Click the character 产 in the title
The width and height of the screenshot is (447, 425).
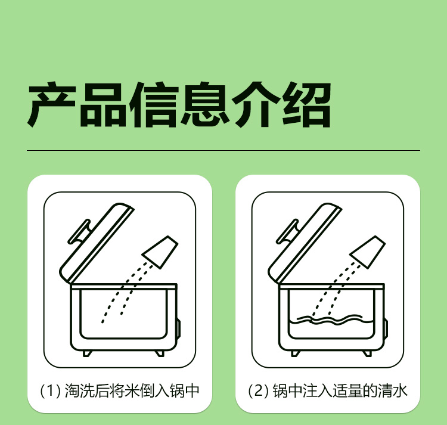click(51, 104)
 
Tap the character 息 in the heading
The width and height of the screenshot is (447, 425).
click(204, 104)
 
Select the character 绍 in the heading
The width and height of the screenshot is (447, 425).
click(306, 104)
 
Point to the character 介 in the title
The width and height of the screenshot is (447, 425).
click(256, 104)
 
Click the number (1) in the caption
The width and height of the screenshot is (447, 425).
click(50, 390)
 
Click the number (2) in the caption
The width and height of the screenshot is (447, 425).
click(259, 390)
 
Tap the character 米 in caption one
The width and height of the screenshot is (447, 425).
click(132, 390)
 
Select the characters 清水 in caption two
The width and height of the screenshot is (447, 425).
click(393, 390)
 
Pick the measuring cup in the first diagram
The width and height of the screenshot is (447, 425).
click(160, 252)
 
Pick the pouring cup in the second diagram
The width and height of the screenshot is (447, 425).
click(368, 252)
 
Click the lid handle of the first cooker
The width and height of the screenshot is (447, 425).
click(79, 232)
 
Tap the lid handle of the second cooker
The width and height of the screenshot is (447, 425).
click(287, 232)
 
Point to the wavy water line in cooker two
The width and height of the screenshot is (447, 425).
click(331, 320)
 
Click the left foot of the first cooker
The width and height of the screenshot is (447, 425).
click(87, 353)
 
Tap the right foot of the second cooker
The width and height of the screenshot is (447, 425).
click(367, 353)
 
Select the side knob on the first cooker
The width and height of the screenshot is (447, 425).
click(179, 329)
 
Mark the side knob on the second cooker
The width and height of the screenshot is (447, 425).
click(386, 329)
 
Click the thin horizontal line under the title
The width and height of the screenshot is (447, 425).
click(223, 150)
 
